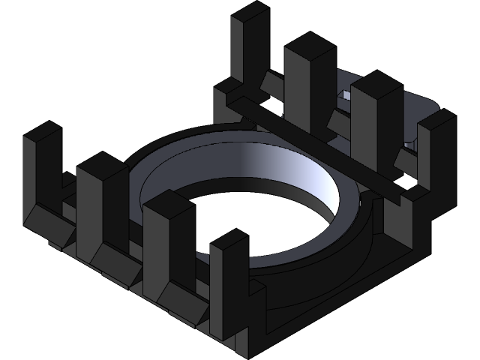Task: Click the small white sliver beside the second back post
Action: (x=283, y=109)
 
